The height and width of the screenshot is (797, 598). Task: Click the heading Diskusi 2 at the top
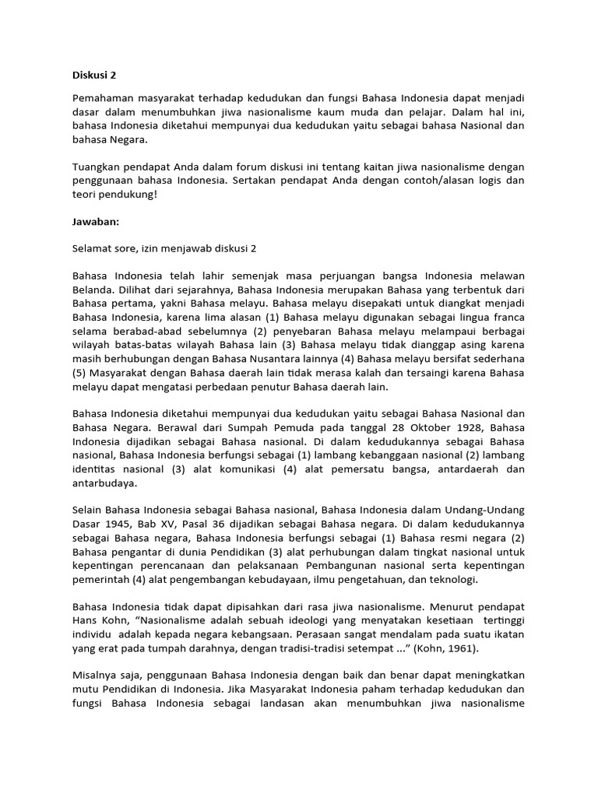point(93,75)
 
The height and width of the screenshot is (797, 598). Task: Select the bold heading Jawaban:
point(96,221)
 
